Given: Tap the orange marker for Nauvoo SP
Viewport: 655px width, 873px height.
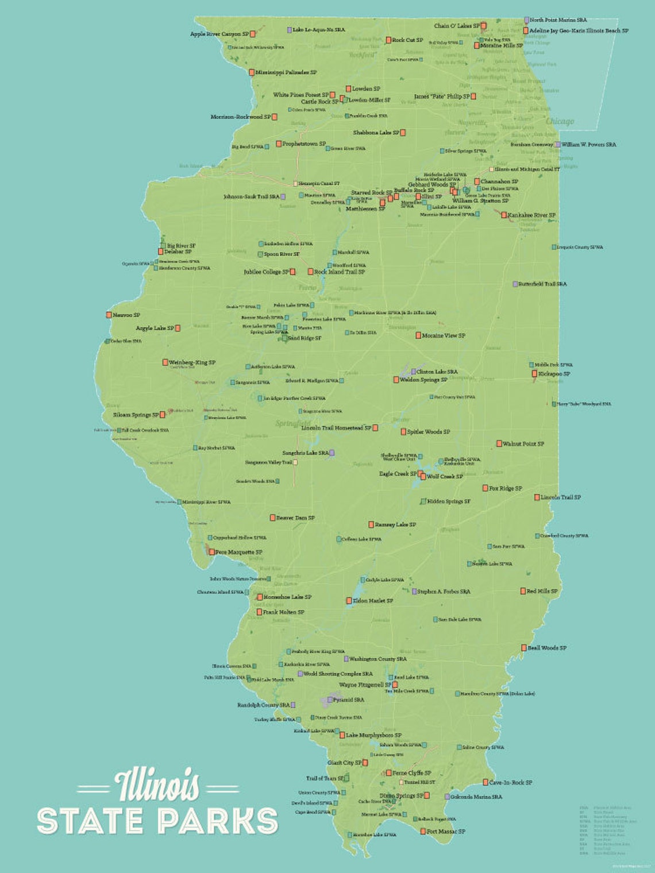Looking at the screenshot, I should click(x=109, y=315).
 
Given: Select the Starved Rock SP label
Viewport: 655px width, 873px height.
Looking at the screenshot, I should click(x=371, y=193).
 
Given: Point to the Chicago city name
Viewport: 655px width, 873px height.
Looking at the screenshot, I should click(x=560, y=121).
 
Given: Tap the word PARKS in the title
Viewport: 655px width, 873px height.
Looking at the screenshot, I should click(x=219, y=821).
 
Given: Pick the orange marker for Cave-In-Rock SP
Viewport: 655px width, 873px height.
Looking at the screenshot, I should click(x=486, y=782).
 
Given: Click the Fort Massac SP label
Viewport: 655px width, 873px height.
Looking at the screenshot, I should click(x=446, y=831).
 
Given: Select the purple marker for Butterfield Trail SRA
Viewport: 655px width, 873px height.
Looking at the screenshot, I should click(x=515, y=284).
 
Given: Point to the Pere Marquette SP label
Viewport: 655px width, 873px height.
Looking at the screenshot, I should click(x=238, y=552).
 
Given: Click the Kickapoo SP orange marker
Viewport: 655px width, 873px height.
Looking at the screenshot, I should click(x=534, y=374).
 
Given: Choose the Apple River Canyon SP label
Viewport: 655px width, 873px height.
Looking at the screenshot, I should click(x=219, y=34).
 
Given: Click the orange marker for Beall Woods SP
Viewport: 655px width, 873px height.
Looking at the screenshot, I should click(x=524, y=648).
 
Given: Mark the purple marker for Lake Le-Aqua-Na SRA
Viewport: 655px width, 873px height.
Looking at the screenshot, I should click(x=290, y=29).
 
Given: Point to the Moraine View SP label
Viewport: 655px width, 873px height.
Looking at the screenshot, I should click(x=444, y=335).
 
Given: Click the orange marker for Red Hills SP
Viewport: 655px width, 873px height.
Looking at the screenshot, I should click(x=523, y=591).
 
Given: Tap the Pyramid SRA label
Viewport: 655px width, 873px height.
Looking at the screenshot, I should click(x=348, y=700).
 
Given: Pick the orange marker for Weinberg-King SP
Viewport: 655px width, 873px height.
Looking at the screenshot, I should click(x=165, y=362).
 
